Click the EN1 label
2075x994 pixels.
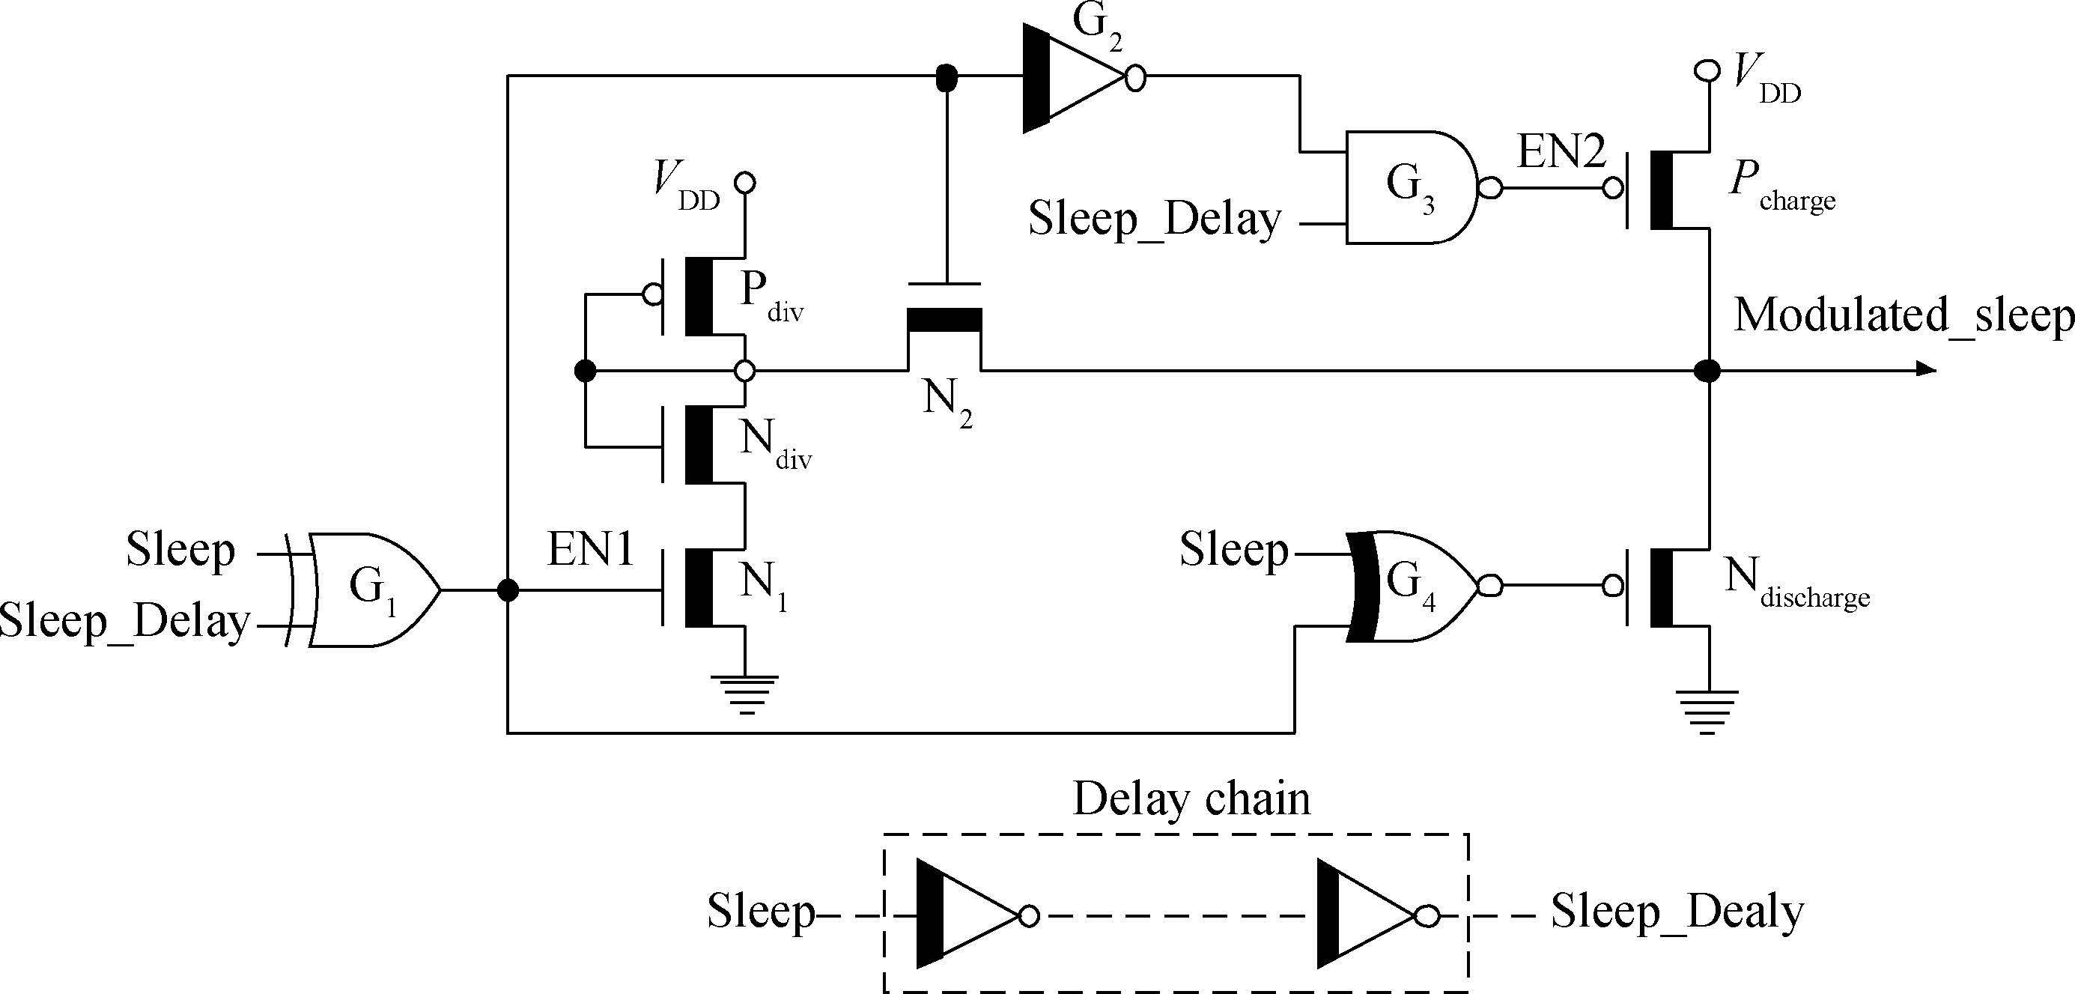pos(590,550)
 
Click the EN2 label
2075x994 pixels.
pos(1561,151)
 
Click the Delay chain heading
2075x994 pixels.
pos(1191,799)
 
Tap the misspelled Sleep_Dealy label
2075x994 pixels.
pos(1677,912)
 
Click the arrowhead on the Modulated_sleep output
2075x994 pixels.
pos(1925,370)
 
